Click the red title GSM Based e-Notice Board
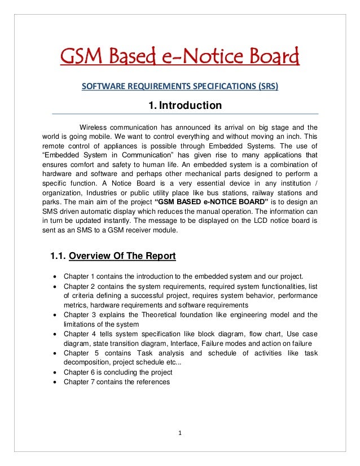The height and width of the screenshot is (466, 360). click(179, 58)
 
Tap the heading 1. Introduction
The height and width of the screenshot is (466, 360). click(185, 105)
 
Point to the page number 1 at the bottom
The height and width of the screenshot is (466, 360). click(179, 433)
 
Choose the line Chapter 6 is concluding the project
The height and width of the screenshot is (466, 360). click(118, 372)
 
